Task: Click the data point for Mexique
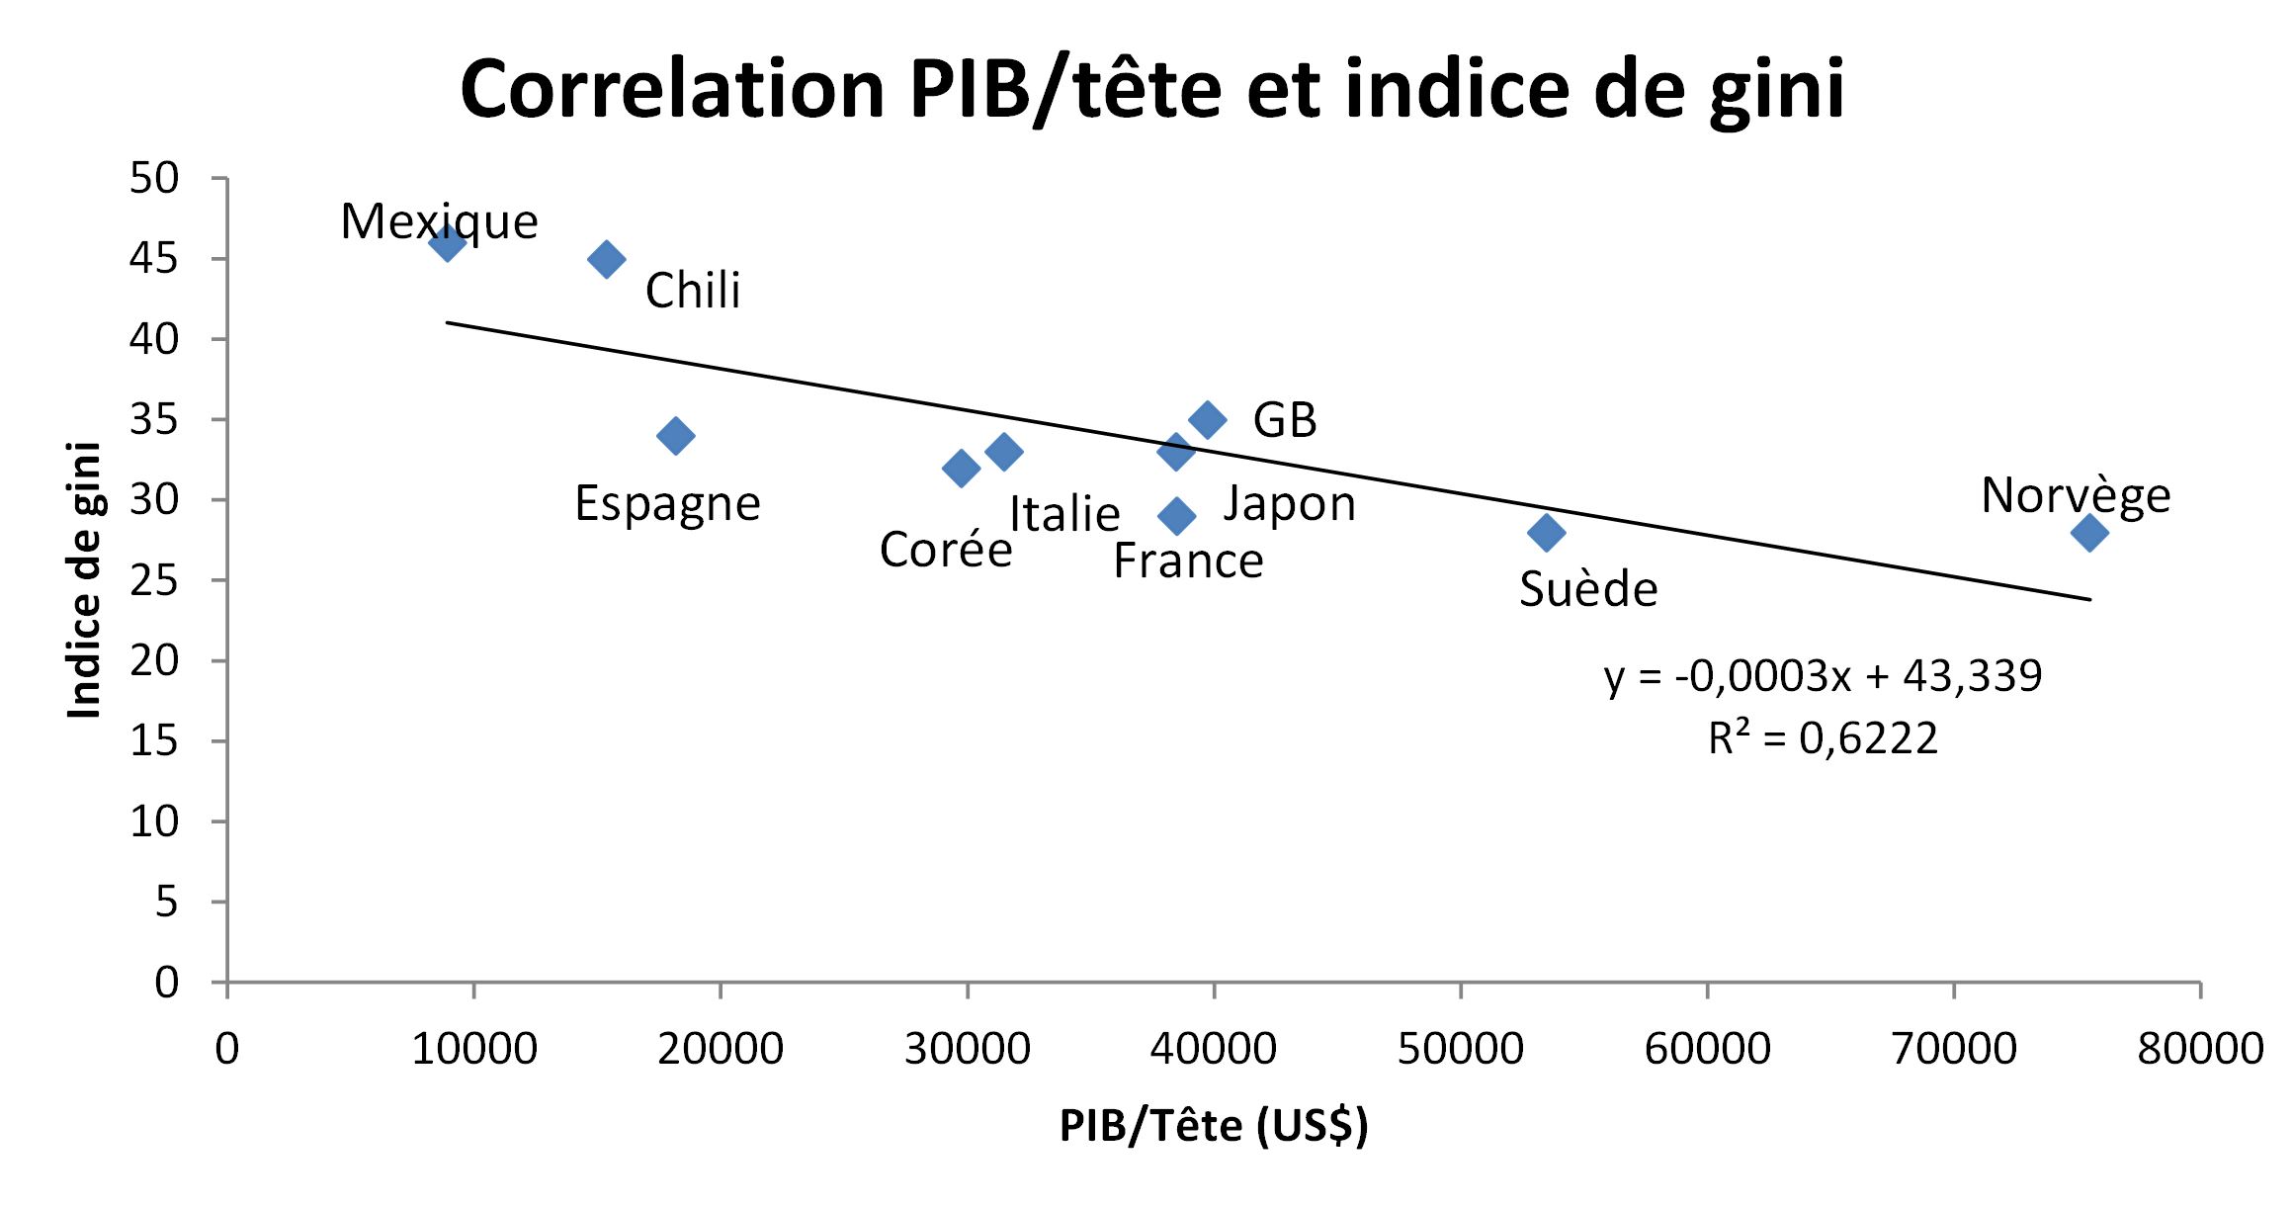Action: tap(447, 242)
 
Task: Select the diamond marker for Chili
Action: tap(606, 259)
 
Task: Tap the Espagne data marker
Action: tap(675, 435)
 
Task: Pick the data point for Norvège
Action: tap(2089, 533)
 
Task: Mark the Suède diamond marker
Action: tap(1546, 533)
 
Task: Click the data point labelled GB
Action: tap(1207, 419)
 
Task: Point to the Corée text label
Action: tap(945, 550)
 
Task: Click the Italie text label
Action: tap(1063, 514)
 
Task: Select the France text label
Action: tap(1188, 561)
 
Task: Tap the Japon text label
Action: tap(1289, 504)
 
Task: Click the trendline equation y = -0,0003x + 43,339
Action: tap(1823, 676)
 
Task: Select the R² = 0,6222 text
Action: tap(1823, 737)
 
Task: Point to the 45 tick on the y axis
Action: tap(154, 259)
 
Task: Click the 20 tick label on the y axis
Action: tap(154, 660)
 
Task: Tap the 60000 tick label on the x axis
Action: tap(1707, 1049)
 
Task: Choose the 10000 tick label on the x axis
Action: tap(473, 1049)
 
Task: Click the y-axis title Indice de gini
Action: tap(85, 580)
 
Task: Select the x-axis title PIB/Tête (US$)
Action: tap(1214, 1126)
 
